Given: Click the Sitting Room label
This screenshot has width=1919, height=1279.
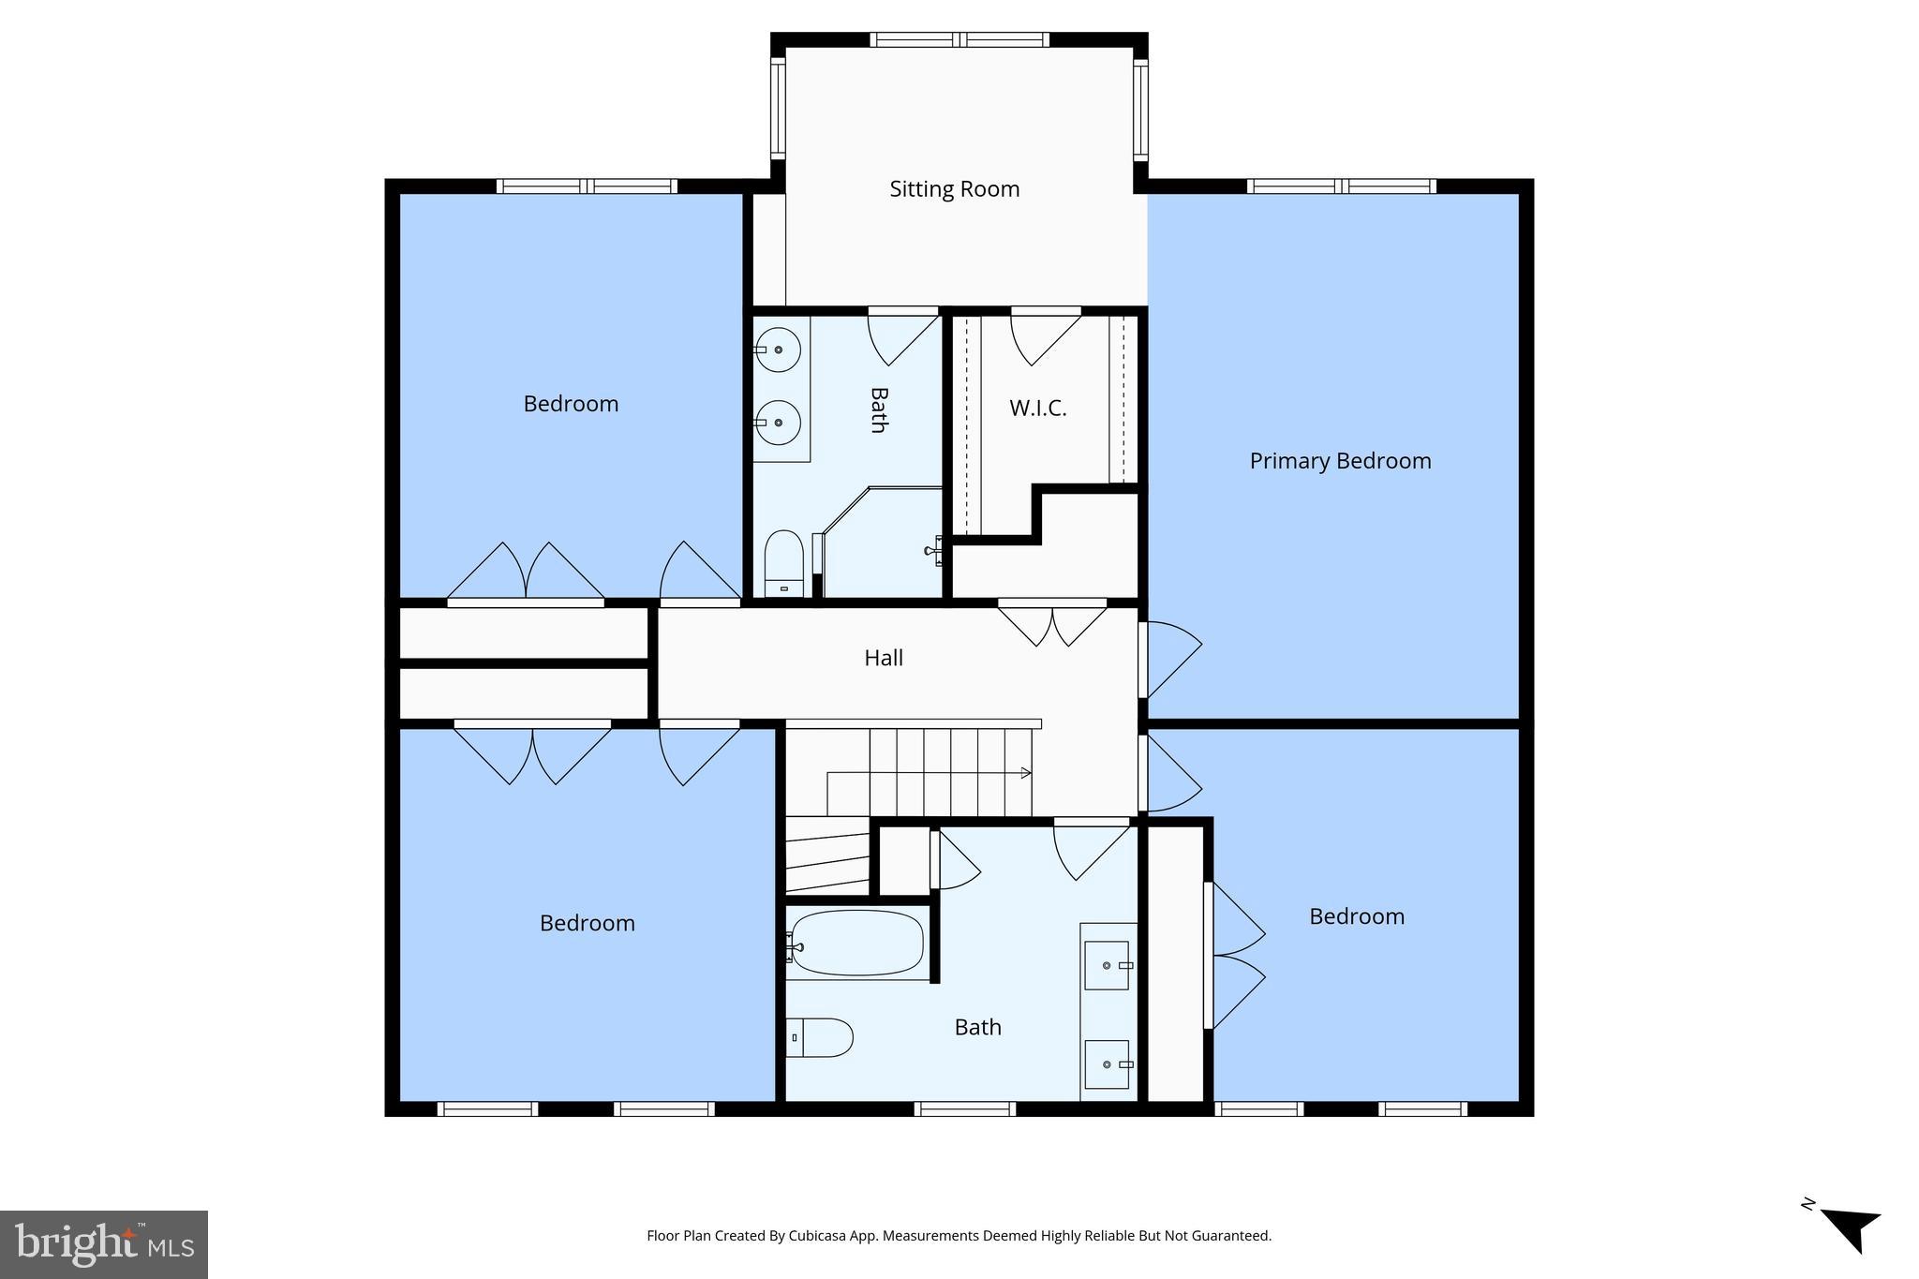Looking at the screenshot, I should coord(954,189).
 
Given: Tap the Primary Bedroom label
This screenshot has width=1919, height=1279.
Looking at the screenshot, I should coord(1340,461).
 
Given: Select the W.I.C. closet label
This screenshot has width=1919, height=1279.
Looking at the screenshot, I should coord(1037,409).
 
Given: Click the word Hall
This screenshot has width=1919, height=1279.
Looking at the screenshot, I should coord(883,658).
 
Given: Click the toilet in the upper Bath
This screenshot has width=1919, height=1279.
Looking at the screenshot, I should coord(784,563).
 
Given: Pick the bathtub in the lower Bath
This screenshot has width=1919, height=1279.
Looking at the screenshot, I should coord(856,943).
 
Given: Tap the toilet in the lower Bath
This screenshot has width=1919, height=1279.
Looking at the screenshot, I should coord(819,1037).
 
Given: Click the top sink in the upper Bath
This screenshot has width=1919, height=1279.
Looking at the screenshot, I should coord(778,349).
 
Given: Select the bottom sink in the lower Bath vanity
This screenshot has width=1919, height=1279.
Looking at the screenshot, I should coord(1106,1064).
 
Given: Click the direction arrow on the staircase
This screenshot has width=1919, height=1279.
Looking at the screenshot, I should coord(1026,773).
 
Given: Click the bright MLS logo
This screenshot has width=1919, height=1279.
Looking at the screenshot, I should coord(103,1244).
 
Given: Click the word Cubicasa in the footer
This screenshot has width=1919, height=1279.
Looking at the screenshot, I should coord(813,1236).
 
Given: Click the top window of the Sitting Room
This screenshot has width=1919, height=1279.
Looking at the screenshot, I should coord(959,40).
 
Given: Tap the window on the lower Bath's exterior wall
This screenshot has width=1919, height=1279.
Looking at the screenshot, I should coord(964,1109).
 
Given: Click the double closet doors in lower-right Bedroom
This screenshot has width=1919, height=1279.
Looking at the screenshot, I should coord(1235,956).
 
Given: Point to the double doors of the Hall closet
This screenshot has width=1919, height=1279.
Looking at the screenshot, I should coord(1052,622).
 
